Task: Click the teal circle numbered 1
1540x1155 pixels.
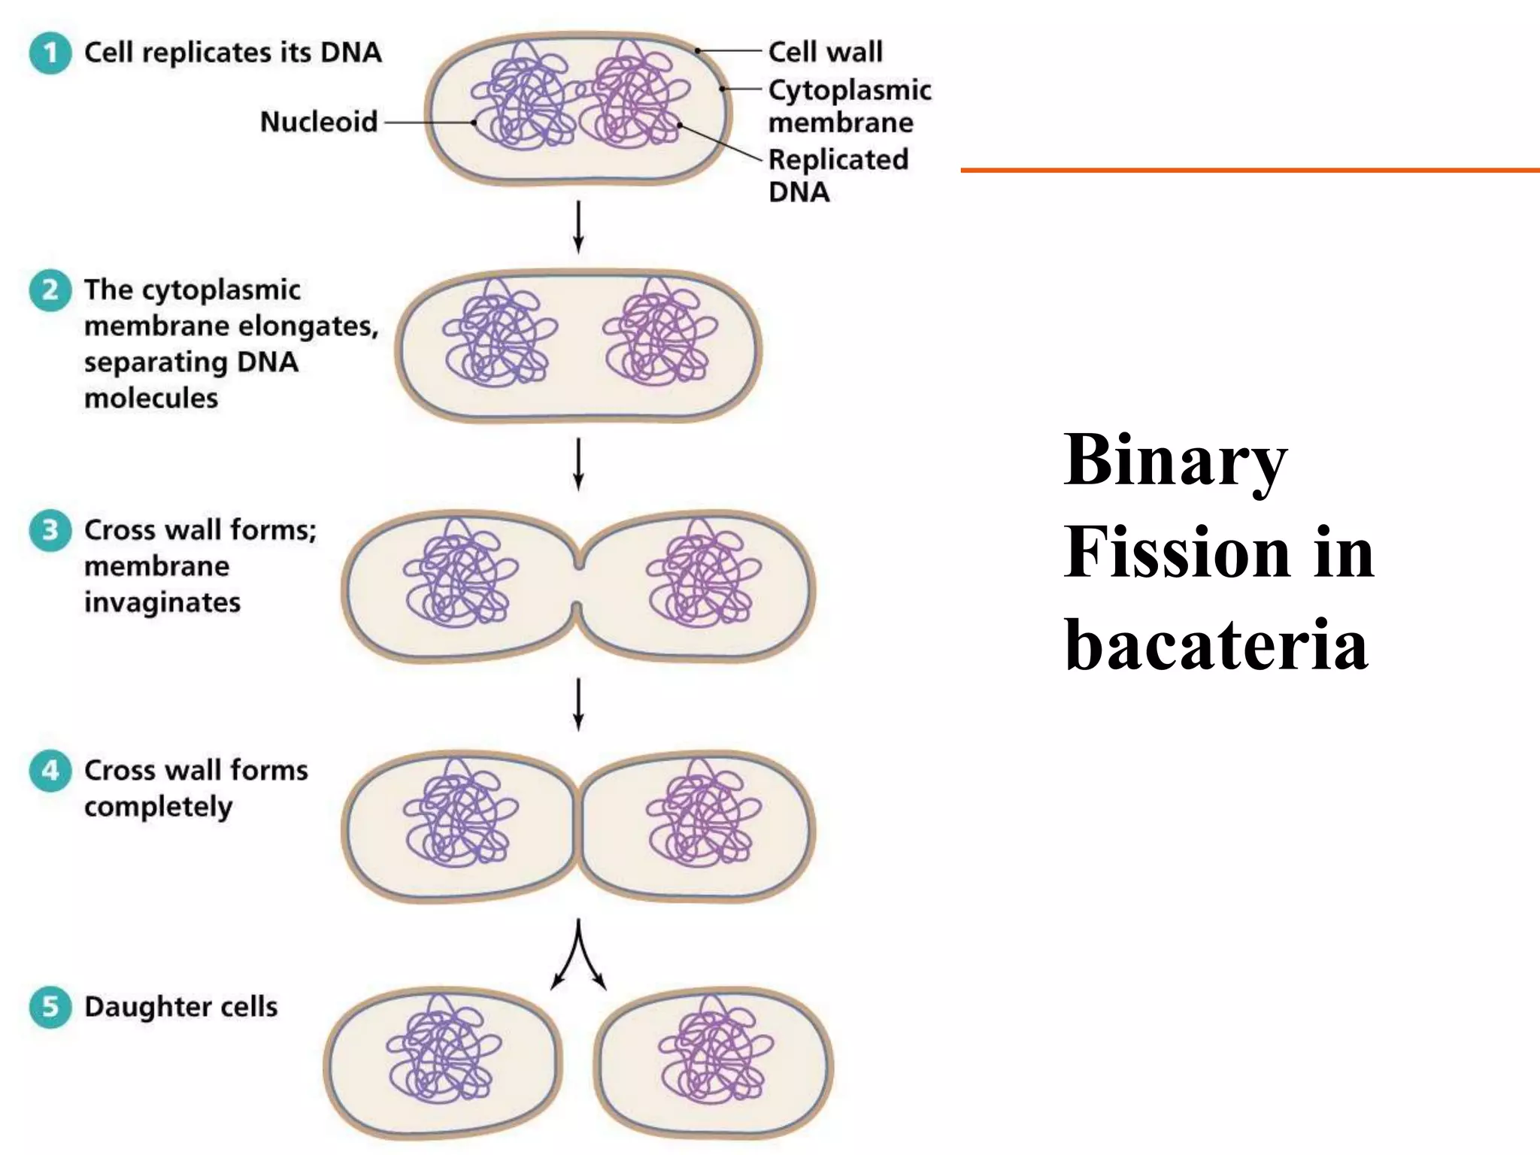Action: click(50, 53)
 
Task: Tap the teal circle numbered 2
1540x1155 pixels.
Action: click(50, 290)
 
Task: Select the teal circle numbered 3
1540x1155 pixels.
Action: click(50, 530)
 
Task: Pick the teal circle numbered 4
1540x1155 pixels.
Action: click(50, 771)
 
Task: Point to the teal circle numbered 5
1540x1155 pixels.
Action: click(50, 1007)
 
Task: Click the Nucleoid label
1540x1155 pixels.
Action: click(319, 122)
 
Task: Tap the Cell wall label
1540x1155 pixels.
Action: click(826, 53)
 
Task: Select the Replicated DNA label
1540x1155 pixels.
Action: click(838, 175)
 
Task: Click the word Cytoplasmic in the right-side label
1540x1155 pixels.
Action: click(850, 90)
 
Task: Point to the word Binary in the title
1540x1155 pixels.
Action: click(1175, 460)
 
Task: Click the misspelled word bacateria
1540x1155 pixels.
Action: click(1216, 645)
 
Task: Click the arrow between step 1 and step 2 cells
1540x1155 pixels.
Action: click(578, 226)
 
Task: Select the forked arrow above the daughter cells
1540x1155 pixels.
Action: click(578, 955)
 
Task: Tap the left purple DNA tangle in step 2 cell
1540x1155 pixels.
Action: click(498, 333)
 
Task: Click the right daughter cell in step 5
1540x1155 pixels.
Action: click(714, 1062)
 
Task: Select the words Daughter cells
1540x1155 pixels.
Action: click(181, 1007)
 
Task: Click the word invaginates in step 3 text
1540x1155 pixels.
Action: click(162, 602)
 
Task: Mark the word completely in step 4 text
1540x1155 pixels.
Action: click(159, 807)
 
